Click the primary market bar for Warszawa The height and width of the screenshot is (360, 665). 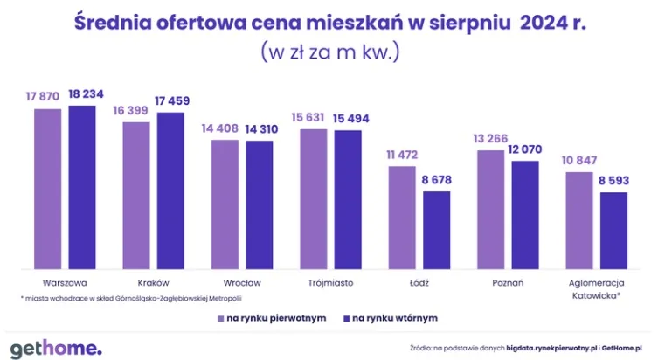(48, 188)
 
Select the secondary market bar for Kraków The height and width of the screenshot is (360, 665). (171, 190)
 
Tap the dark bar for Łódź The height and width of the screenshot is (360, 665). (437, 229)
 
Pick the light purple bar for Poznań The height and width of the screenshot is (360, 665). (489, 209)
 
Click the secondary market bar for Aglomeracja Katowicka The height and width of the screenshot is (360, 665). (613, 230)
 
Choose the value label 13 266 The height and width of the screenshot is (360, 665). (489, 139)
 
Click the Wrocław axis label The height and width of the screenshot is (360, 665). (242, 283)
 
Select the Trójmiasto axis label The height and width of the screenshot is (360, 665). (330, 283)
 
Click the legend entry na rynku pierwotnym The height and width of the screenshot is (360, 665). (271, 318)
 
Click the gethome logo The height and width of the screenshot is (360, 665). (57, 346)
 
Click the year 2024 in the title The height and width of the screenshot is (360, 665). (544, 22)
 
